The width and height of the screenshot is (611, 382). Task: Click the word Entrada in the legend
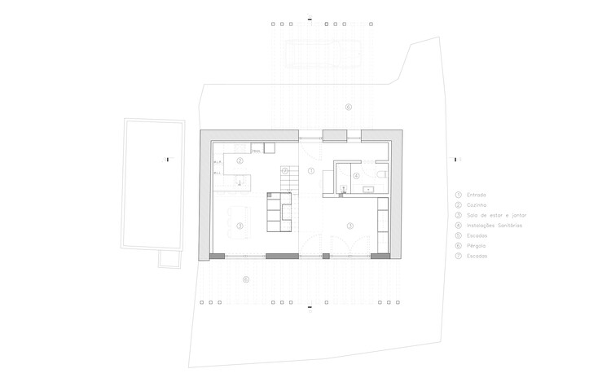(477, 195)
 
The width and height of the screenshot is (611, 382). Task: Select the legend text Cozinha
(477, 205)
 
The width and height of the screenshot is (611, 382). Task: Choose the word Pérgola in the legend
(477, 245)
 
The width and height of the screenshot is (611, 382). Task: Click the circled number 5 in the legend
(459, 235)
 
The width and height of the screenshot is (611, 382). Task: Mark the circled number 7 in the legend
(459, 255)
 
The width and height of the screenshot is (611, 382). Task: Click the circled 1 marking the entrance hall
(310, 171)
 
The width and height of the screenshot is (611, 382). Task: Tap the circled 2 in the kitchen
(240, 161)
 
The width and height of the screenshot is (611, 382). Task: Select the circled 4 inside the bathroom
(356, 176)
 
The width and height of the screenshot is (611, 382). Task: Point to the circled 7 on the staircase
(285, 171)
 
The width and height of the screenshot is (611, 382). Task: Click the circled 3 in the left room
(240, 226)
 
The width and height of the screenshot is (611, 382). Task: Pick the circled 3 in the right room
(349, 225)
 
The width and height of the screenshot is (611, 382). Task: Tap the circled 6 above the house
(348, 107)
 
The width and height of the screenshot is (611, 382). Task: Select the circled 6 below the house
(245, 279)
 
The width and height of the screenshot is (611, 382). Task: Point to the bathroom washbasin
(368, 190)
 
